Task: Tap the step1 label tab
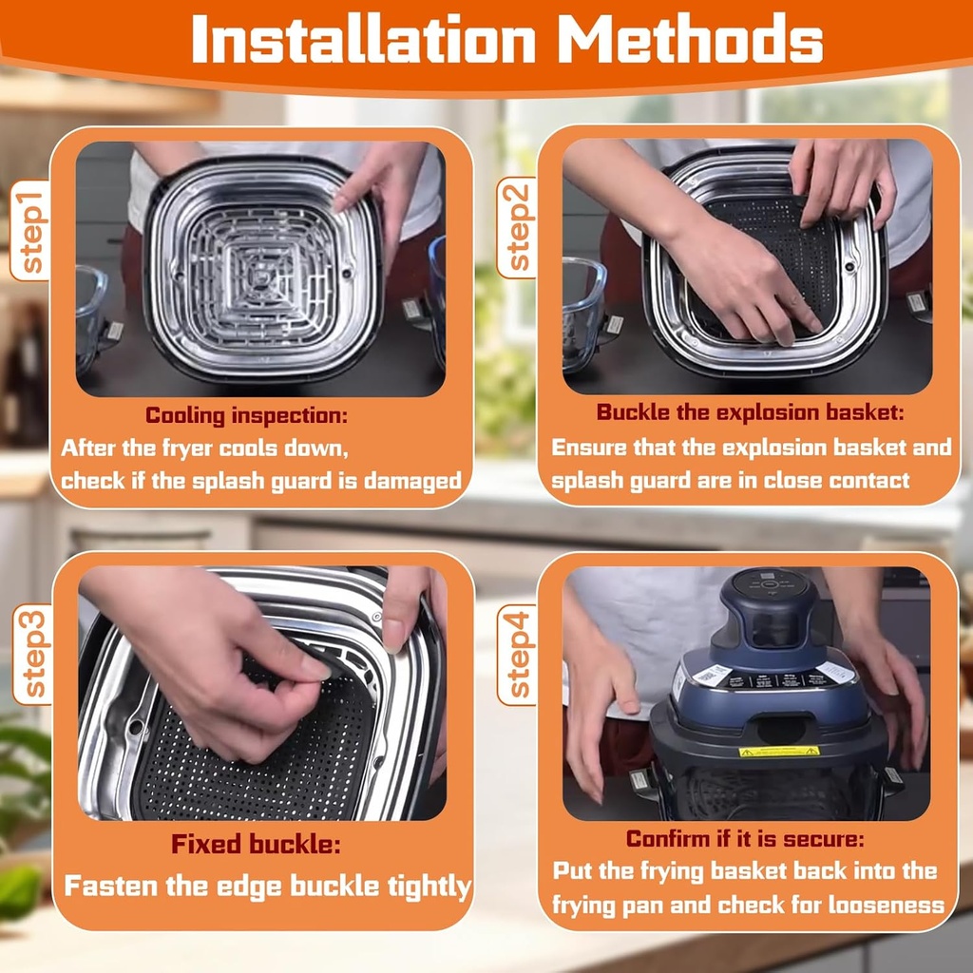click(x=30, y=230)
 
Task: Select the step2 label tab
click(x=517, y=227)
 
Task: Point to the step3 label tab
click(x=33, y=654)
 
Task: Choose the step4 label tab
click(x=517, y=654)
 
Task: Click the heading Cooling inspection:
click(x=246, y=416)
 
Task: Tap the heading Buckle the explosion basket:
click(x=751, y=412)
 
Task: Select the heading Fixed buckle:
click(x=256, y=844)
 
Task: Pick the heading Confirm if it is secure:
click(x=745, y=839)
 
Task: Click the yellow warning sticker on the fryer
click(x=779, y=752)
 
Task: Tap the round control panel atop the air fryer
click(x=770, y=584)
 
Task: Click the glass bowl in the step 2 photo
click(x=582, y=314)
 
